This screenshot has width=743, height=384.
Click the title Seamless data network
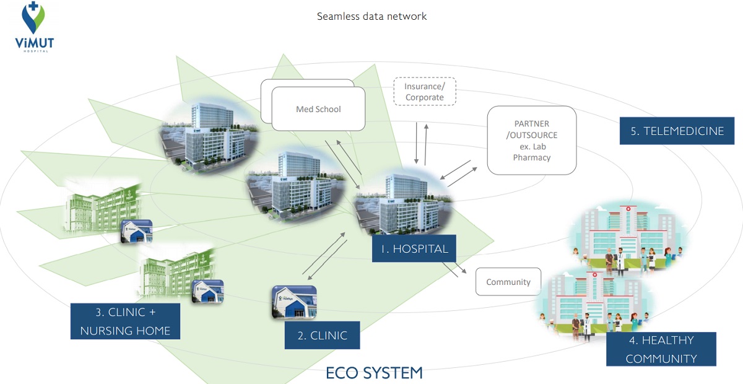click(x=371, y=16)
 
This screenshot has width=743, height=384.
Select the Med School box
click(x=318, y=110)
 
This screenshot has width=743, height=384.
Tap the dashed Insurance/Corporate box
click(x=424, y=92)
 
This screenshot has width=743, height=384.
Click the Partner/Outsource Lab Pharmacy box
click(x=531, y=141)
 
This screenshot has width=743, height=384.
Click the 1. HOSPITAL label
click(x=414, y=249)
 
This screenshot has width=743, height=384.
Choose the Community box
click(x=508, y=282)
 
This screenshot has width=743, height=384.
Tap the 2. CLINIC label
click(x=322, y=336)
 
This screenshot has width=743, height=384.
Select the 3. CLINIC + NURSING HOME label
click(x=125, y=321)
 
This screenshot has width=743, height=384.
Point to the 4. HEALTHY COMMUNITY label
click(x=661, y=349)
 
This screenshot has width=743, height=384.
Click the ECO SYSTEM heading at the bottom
click(x=374, y=373)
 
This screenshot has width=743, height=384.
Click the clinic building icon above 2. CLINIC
click(x=294, y=302)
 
